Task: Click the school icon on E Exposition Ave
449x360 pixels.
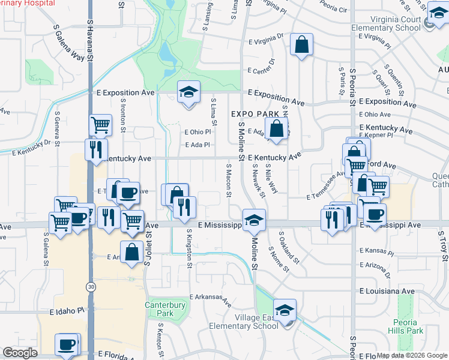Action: click(x=188, y=92)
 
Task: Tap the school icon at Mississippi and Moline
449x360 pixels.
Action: click(x=254, y=219)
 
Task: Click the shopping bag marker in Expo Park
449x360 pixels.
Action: click(x=276, y=128)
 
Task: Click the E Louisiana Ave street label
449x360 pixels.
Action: click(x=387, y=291)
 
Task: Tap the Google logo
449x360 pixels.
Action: click(x=20, y=353)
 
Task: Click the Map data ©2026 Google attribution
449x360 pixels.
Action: click(x=412, y=355)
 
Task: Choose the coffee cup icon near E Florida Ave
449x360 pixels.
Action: click(x=67, y=345)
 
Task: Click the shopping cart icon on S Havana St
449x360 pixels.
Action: click(x=101, y=125)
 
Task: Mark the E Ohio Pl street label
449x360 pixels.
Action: click(x=199, y=132)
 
